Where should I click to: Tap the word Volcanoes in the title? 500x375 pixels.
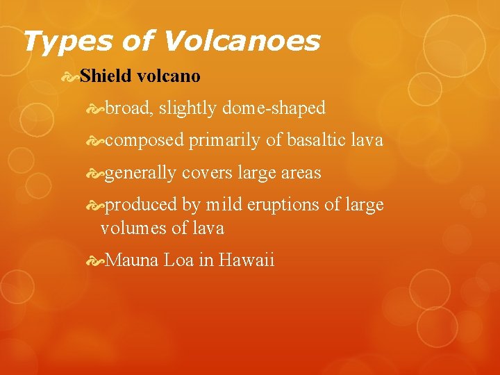pyautogui.click(x=241, y=41)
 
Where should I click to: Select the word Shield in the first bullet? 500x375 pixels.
pyautogui.click(x=105, y=75)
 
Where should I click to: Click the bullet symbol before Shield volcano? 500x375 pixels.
pyautogui.click(x=69, y=75)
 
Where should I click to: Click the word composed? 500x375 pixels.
pyautogui.click(x=144, y=140)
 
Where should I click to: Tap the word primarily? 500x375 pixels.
pyautogui.click(x=225, y=140)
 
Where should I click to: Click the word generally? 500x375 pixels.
pyautogui.click(x=141, y=173)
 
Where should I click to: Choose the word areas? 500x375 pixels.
pyautogui.click(x=301, y=173)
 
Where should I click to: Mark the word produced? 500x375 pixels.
pyautogui.click(x=141, y=205)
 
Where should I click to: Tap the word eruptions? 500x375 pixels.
pyautogui.click(x=290, y=206)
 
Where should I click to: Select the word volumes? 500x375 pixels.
pyautogui.click(x=128, y=227)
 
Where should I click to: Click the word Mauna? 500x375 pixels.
pyautogui.click(x=133, y=260)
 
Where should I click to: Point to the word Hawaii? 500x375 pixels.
pyautogui.click(x=247, y=260)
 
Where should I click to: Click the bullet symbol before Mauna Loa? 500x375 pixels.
pyautogui.click(x=97, y=261)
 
